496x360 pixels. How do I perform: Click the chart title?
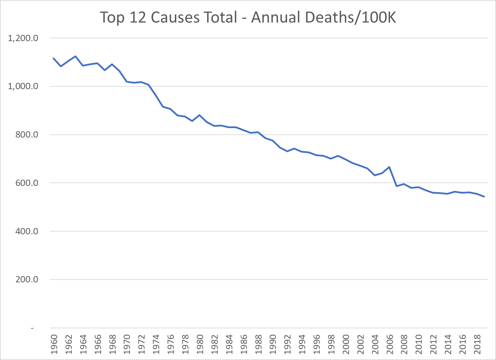point(248,17)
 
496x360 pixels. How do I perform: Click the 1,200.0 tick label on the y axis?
point(23,38)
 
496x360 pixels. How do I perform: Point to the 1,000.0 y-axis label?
point(23,86)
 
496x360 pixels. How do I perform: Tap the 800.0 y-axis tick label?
point(26,135)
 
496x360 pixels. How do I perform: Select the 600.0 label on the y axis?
point(26,183)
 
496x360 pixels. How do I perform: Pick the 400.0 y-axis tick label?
point(26,231)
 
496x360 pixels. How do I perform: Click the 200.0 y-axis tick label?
point(26,280)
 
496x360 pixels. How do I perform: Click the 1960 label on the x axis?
point(54,344)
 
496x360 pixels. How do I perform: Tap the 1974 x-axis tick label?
point(156,344)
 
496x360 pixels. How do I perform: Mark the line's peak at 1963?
point(76,56)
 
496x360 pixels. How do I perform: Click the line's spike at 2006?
point(389,167)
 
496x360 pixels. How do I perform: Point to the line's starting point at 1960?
point(53,58)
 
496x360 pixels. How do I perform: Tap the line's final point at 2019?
point(484,197)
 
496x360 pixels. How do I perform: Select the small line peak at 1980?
point(199,115)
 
